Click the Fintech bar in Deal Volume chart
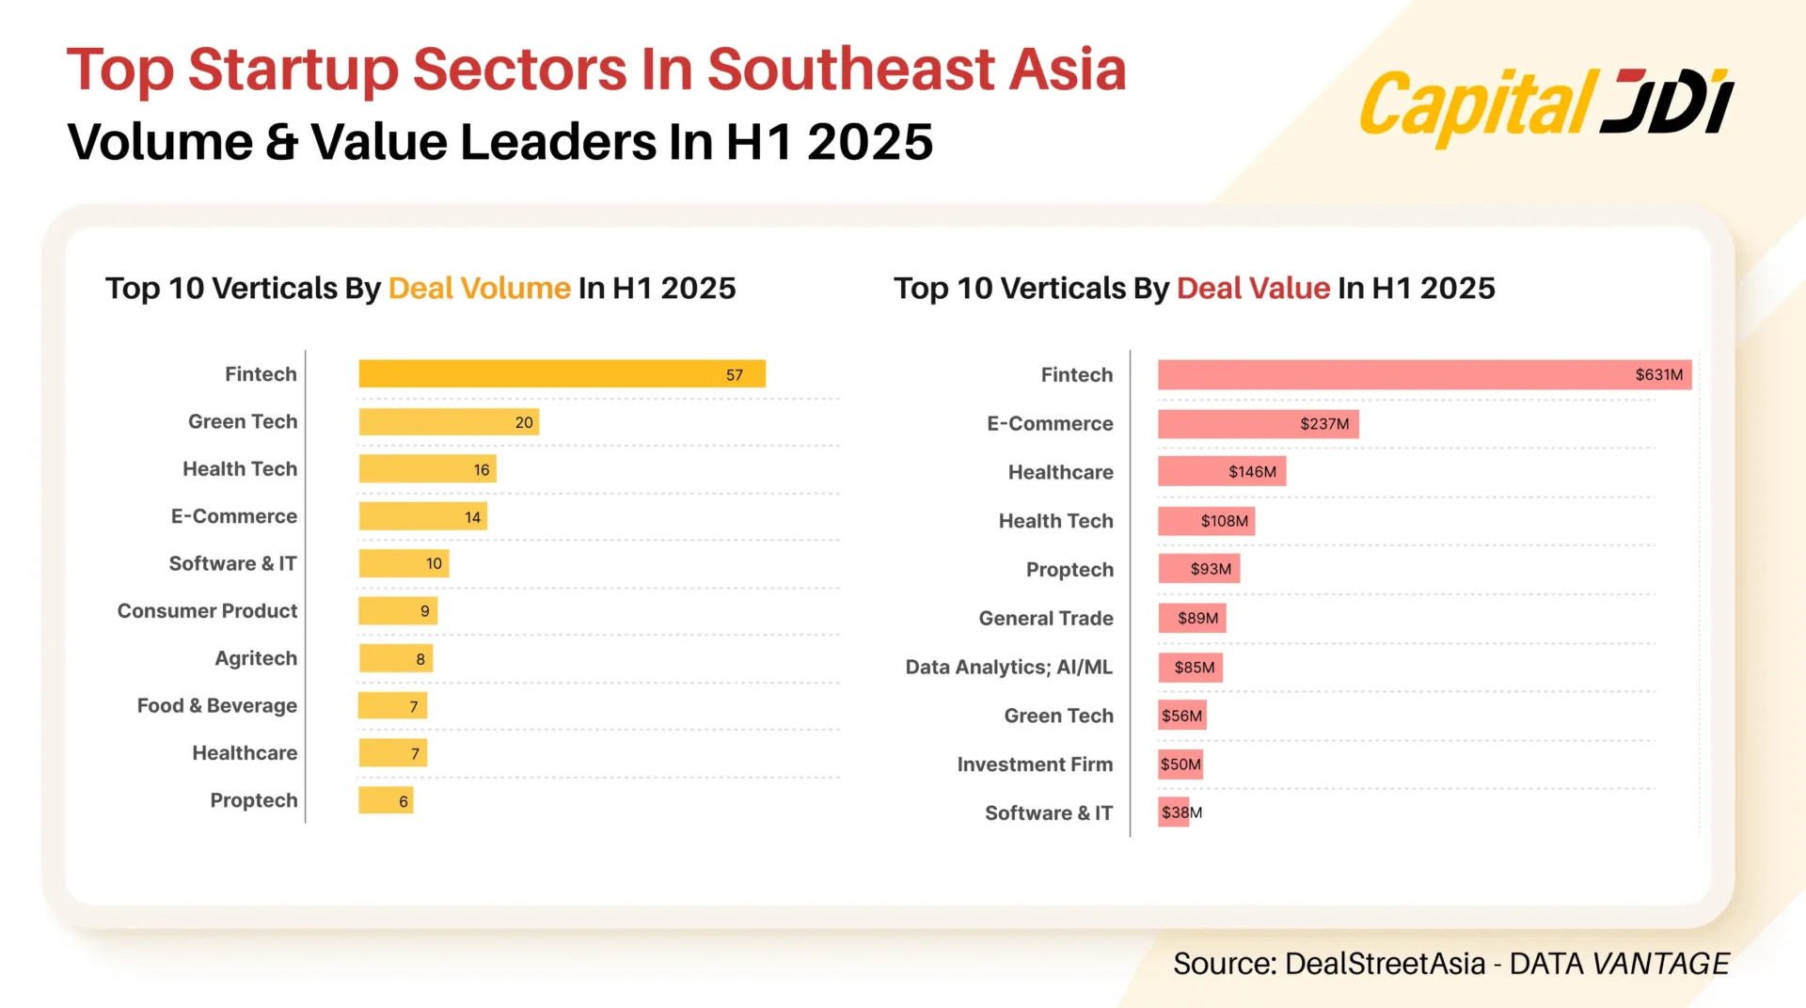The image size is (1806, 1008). [x=562, y=374]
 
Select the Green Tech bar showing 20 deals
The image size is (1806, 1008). [x=449, y=422]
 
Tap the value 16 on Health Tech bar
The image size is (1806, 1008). [x=482, y=470]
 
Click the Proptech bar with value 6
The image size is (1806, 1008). [x=386, y=801]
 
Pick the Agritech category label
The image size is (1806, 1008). [x=256, y=659]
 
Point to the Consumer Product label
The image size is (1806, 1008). [x=207, y=611]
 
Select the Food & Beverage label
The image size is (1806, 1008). [x=216, y=706]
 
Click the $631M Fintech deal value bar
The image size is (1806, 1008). [x=1424, y=375]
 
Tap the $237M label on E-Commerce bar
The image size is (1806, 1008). [x=1324, y=424]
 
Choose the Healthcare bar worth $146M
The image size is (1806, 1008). [x=1221, y=472]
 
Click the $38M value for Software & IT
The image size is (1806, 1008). [x=1181, y=812]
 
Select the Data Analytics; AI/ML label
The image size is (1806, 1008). [x=1008, y=668]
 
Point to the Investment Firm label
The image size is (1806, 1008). [x=1035, y=764]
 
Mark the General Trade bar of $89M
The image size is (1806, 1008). [x=1192, y=619]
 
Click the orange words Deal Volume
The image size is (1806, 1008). [x=479, y=288]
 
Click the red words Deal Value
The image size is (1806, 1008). [x=1253, y=288]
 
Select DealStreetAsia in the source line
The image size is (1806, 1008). [x=1385, y=964]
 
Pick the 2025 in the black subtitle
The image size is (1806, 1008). [x=869, y=143]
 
